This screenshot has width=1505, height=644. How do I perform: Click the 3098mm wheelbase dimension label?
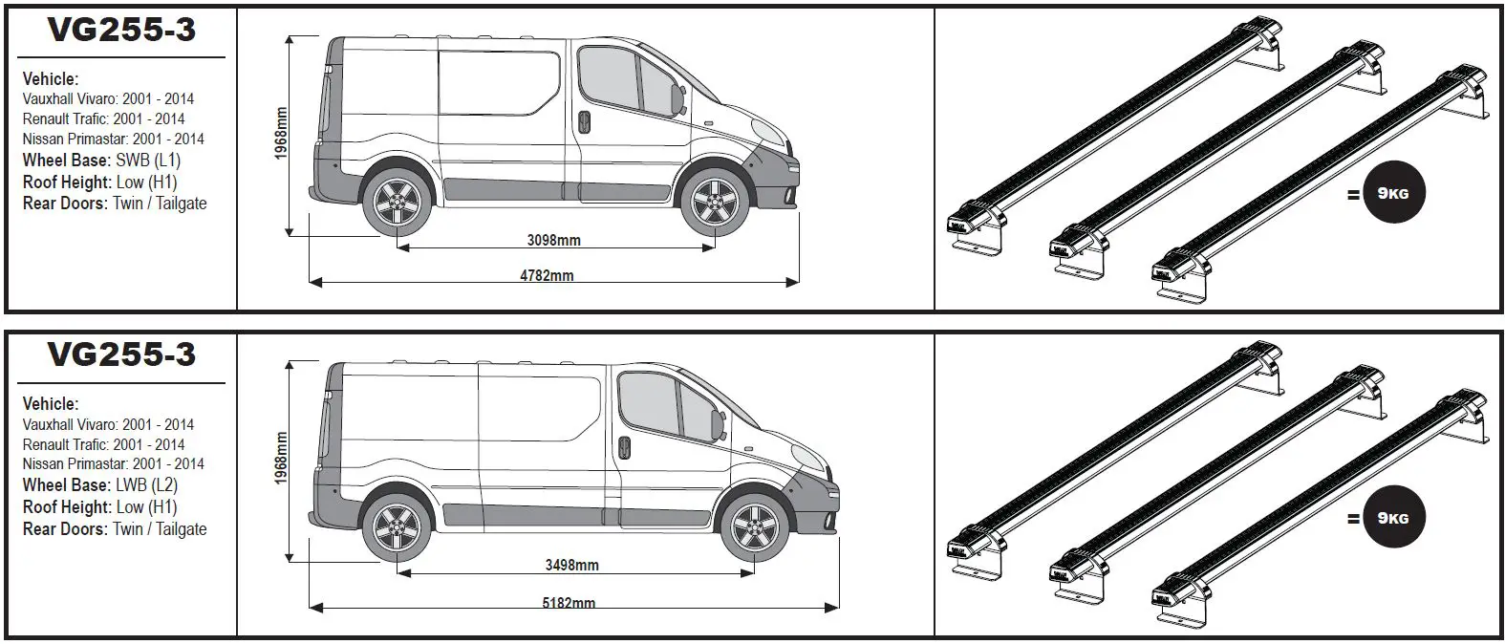tap(553, 240)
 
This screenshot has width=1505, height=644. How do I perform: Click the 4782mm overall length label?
tap(547, 276)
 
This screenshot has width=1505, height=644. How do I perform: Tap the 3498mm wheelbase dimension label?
tap(571, 565)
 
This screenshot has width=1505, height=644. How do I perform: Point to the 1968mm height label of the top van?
tap(281, 133)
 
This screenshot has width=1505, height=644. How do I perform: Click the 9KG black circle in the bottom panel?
tap(1393, 519)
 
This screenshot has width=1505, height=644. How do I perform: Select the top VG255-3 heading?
tap(121, 30)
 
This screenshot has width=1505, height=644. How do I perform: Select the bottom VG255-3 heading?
tap(121, 354)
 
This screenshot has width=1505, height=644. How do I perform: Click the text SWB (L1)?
tap(147, 161)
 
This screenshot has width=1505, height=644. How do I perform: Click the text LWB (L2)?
tap(146, 485)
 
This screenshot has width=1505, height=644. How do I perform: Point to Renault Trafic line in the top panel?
tap(103, 118)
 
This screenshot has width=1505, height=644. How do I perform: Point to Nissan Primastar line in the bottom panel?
tap(113, 463)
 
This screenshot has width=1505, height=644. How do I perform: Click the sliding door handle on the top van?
tap(583, 121)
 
